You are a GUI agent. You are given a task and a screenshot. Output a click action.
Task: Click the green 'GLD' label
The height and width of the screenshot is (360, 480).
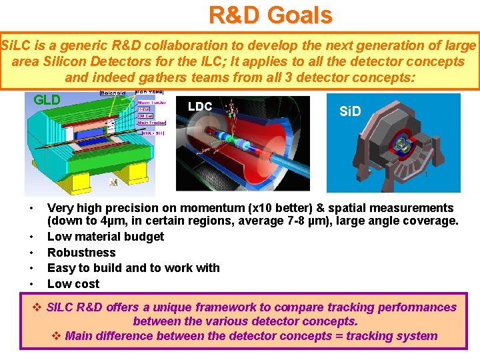[47, 100]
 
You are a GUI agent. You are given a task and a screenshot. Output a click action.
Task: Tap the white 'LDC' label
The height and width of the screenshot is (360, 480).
[200, 106]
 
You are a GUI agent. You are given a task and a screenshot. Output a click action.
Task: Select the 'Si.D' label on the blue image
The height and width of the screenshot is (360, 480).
[350, 111]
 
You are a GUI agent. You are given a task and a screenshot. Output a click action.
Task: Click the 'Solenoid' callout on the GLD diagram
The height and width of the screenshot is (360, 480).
[113, 93]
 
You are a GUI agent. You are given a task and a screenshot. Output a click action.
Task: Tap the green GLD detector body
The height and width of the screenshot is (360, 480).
[73, 147]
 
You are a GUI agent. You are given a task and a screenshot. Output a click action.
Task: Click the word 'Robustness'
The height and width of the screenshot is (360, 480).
[81, 252]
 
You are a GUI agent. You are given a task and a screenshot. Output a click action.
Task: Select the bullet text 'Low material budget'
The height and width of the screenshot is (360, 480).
[105, 237]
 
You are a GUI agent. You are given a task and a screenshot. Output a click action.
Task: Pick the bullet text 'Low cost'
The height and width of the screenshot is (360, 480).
[73, 283]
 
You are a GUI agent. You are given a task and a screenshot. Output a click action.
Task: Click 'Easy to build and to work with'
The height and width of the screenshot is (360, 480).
[133, 268]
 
